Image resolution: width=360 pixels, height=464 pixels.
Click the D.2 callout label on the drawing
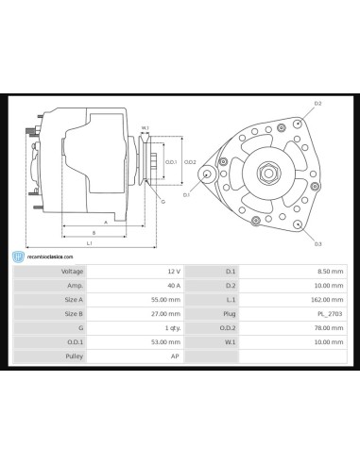317,103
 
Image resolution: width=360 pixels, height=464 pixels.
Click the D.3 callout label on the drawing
317,243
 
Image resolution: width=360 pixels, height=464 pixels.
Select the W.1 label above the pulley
146,127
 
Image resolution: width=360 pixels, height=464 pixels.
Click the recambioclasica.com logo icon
19,256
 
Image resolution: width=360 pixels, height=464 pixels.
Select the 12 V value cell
174,271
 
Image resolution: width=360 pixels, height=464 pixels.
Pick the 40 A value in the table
174,285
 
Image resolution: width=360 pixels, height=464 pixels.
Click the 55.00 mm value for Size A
167,299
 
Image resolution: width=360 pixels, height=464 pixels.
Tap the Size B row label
74,313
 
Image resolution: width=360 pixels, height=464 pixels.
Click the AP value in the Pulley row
176,356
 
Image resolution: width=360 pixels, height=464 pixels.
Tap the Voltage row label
73,271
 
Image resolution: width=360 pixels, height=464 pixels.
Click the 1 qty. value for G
171,327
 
